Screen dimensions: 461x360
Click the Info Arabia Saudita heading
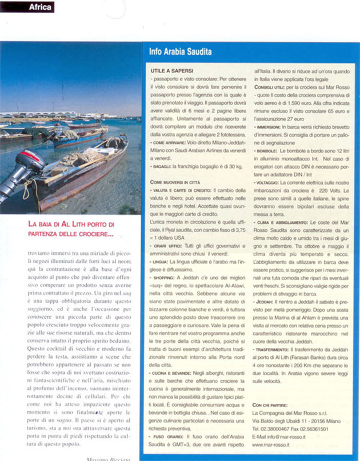coord(180,52)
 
